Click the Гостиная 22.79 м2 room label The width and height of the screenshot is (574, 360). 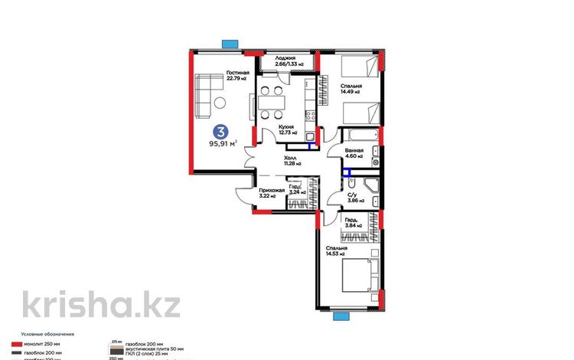coord(238,76)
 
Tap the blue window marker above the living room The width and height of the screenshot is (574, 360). coord(228,44)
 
